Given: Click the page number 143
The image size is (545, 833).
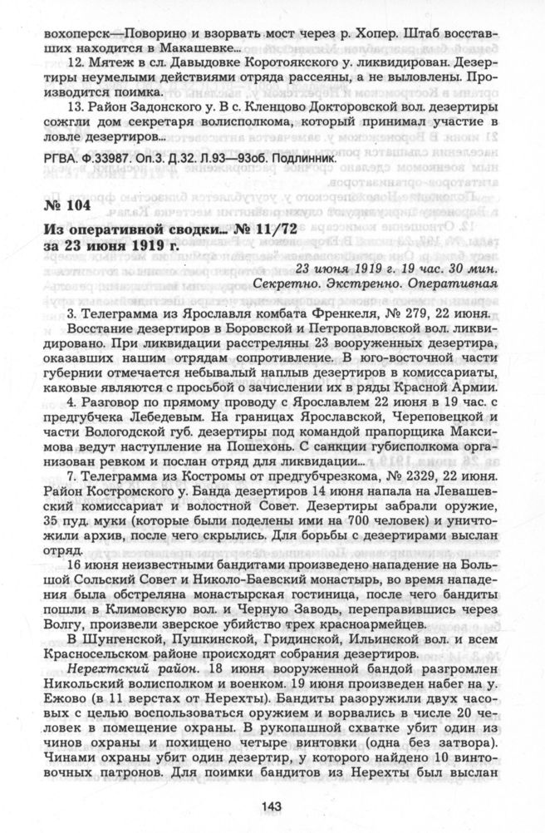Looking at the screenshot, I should (x=272, y=804).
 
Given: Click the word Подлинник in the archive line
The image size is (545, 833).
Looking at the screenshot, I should (x=303, y=156).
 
